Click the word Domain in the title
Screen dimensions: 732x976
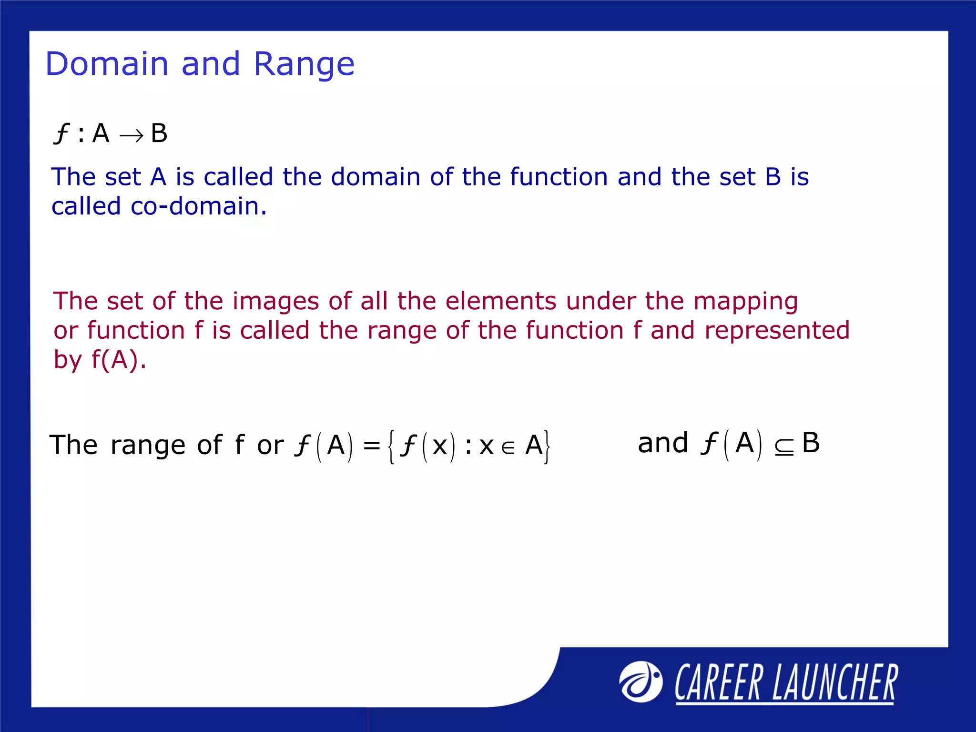click(x=107, y=64)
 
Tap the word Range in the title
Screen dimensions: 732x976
click(x=304, y=65)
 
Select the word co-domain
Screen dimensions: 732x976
click(x=198, y=206)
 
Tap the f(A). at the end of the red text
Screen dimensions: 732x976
click(x=119, y=359)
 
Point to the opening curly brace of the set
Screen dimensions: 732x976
click(x=391, y=447)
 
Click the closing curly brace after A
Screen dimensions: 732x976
click(x=548, y=447)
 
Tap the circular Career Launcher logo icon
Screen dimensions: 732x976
click(x=640, y=681)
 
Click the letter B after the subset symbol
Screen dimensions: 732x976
click(x=811, y=443)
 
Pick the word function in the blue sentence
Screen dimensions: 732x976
click(x=559, y=177)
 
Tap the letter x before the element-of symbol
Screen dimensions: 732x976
click(x=487, y=447)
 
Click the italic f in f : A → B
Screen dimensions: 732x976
click(x=61, y=133)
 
